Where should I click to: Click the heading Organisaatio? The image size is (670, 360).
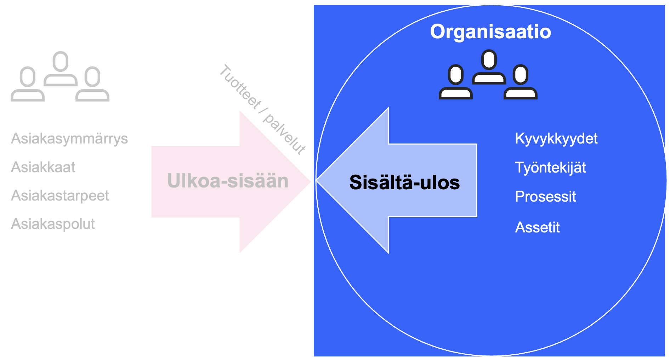click(x=490, y=32)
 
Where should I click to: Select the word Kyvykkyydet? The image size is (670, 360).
click(x=556, y=139)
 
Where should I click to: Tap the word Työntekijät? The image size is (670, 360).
click(x=550, y=168)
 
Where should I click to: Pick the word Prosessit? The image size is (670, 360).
click(x=545, y=197)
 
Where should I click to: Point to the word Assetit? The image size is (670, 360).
click(x=537, y=227)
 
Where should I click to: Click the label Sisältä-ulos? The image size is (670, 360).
click(x=404, y=182)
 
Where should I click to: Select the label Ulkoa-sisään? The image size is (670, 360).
click(x=228, y=181)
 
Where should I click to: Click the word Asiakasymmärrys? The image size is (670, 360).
click(x=69, y=139)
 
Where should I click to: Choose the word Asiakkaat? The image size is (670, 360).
click(x=43, y=167)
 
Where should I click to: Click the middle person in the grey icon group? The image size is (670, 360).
click(x=61, y=69)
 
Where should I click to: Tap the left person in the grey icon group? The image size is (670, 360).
click(x=28, y=84)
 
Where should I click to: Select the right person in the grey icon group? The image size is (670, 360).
click(x=92, y=84)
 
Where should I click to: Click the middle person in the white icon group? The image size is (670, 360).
click(x=489, y=67)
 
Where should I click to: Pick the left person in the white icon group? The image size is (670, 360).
click(x=456, y=82)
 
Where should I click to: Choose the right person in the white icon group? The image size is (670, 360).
click(x=521, y=82)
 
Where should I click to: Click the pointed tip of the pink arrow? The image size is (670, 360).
click(x=311, y=181)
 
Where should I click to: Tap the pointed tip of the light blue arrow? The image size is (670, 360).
click(x=316, y=180)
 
